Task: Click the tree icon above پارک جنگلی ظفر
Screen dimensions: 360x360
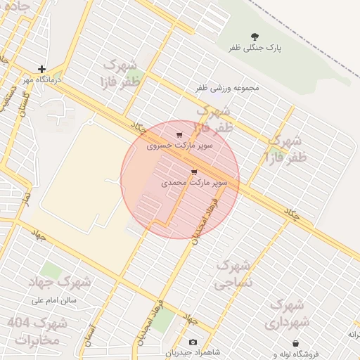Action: [254, 36]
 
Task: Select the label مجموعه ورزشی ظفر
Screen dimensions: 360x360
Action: [228, 89]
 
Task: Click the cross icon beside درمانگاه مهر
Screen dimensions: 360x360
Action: [42, 69]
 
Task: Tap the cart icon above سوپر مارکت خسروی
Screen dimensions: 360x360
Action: [179, 135]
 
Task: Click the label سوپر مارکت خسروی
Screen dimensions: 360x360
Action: [179, 146]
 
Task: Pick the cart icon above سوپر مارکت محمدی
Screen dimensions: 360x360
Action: [194, 172]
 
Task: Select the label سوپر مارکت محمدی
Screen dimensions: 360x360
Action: [194, 183]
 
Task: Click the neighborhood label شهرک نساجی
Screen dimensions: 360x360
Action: [233, 274]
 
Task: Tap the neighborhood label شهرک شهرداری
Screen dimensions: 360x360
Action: [285, 314]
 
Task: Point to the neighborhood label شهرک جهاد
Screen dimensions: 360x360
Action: [60, 281]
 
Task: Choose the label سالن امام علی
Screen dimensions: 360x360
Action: [58, 300]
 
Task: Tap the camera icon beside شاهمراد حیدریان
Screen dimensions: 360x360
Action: [193, 342]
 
